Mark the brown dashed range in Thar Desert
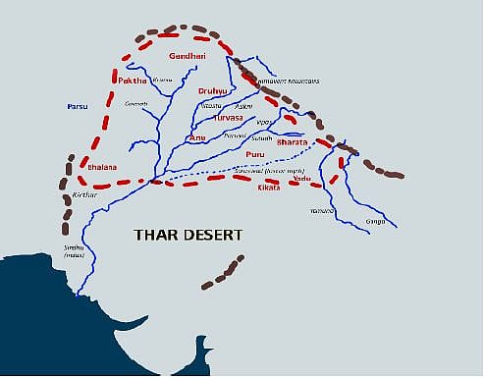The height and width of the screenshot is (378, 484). click(222, 272)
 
